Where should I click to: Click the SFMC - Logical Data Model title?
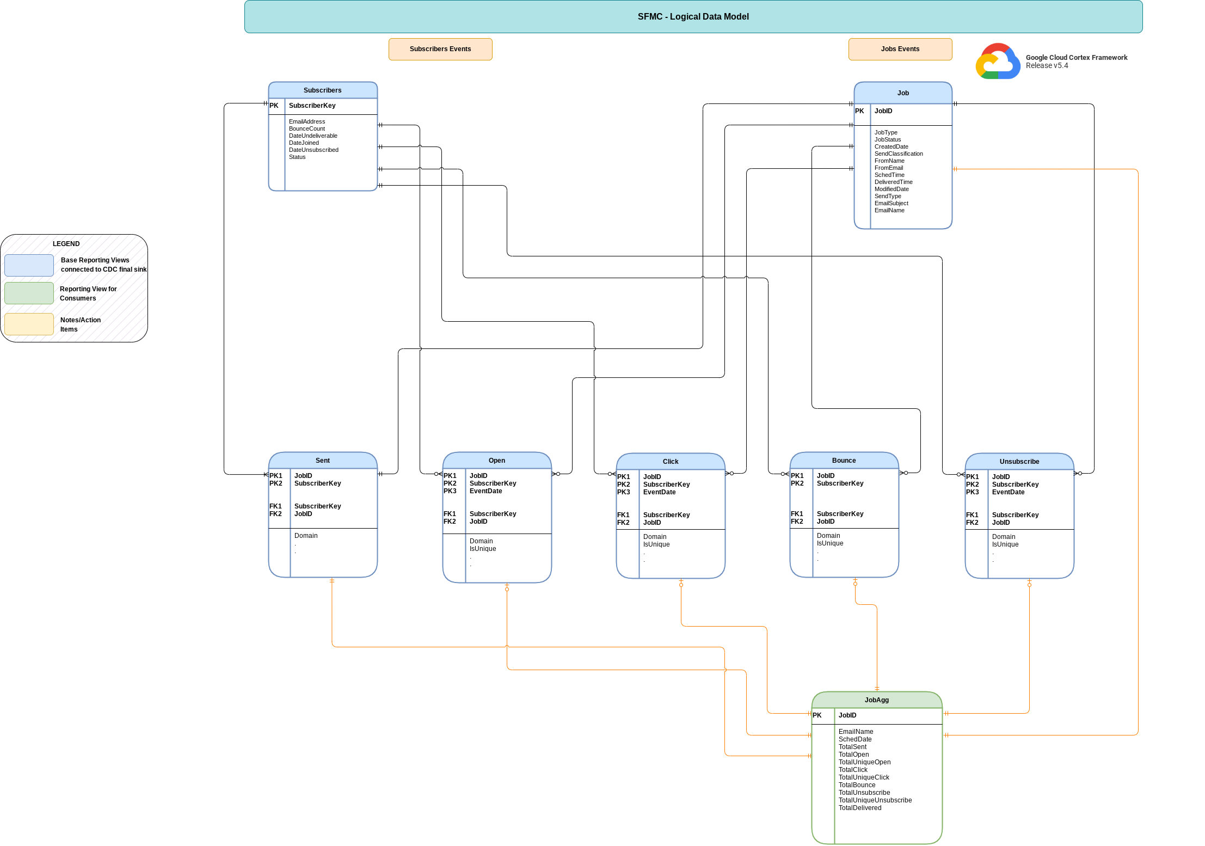[693, 17]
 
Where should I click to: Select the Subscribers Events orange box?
[440, 49]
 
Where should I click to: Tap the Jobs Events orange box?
[900, 49]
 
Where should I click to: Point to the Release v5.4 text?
[1047, 66]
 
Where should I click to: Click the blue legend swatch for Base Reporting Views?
[29, 265]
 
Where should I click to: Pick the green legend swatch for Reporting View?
[29, 293]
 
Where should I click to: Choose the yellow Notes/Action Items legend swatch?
[29, 324]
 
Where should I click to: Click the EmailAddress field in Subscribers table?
[307, 121]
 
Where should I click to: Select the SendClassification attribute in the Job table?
[899, 154]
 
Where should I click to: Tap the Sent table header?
[323, 461]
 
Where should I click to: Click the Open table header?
[497, 461]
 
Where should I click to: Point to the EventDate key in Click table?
[659, 492]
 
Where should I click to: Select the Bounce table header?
[844, 461]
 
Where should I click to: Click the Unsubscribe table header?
[1019, 462]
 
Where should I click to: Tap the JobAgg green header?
[876, 700]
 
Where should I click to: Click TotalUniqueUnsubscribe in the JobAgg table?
[875, 800]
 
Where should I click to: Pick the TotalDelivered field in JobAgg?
[859, 808]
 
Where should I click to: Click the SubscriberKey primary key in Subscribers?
[312, 106]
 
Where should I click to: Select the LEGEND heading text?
[66, 244]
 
